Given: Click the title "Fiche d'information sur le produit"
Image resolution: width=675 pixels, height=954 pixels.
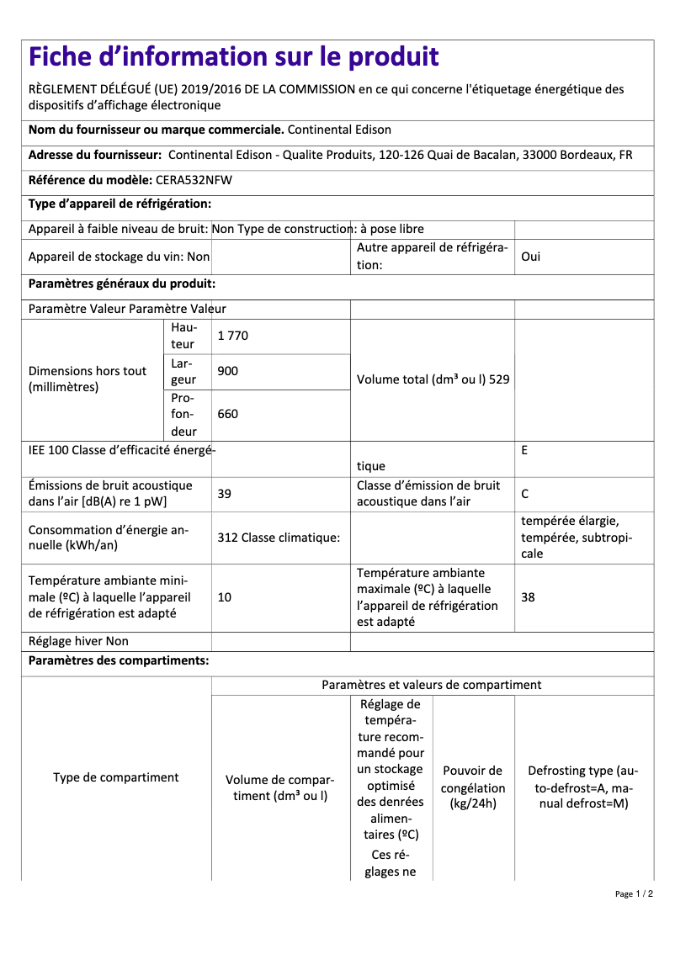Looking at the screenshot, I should (x=233, y=56).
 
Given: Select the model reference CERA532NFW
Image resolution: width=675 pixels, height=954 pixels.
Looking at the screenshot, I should (x=194, y=180).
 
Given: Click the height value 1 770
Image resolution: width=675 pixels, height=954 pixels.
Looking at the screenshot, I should (x=232, y=336).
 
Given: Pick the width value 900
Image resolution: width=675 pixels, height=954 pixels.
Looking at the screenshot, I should (x=227, y=371).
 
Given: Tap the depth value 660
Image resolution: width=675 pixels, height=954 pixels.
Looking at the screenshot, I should (x=227, y=414).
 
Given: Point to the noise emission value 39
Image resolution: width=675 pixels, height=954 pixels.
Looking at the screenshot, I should (x=224, y=494).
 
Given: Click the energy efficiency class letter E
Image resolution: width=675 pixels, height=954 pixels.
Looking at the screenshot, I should (x=524, y=450).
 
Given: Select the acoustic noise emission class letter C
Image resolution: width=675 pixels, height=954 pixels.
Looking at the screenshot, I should (x=525, y=494).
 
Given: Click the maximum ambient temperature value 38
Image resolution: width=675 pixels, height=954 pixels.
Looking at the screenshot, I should (x=528, y=597).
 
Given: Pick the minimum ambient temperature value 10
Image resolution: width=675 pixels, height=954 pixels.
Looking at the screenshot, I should (x=224, y=597).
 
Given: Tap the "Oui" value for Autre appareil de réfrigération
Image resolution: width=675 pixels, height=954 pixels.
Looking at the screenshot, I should (x=530, y=257).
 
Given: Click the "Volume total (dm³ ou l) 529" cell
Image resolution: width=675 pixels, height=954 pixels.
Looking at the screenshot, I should (x=433, y=379).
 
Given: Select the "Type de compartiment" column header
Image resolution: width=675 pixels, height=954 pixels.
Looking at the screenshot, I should (x=115, y=777).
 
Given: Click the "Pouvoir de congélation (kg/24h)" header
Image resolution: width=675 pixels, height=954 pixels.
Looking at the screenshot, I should (x=473, y=787).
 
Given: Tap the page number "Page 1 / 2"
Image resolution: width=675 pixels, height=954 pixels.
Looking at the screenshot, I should (x=634, y=893).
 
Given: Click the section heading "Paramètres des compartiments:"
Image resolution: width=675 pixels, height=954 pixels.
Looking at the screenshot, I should (x=119, y=660).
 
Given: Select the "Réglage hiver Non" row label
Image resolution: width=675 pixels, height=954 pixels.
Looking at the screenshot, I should (x=78, y=641).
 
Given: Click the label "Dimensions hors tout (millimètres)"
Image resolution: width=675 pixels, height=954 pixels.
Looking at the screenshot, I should (x=88, y=379).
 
